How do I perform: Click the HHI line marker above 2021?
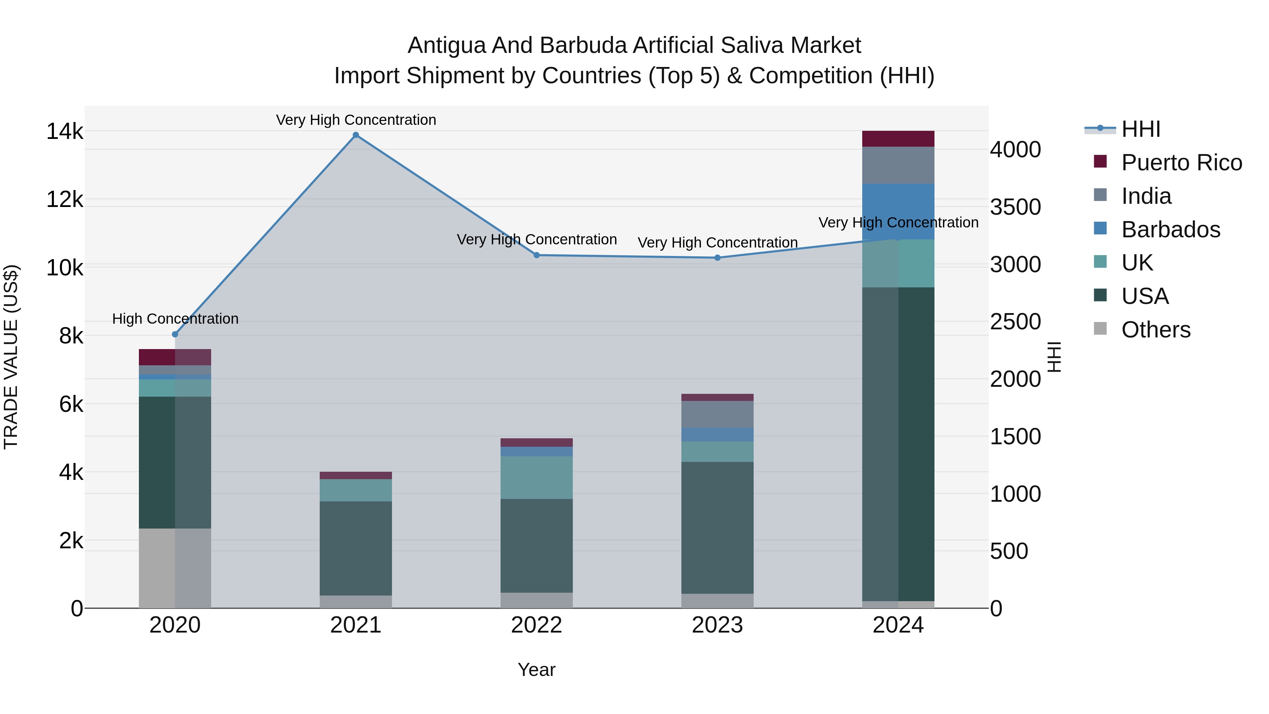[356, 135]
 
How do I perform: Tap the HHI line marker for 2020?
[175, 334]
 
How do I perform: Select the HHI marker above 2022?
[537, 255]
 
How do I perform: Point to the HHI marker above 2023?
[717, 258]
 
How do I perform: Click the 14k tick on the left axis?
[65, 132]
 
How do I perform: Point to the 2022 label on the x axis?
[537, 625]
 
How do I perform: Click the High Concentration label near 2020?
[176, 319]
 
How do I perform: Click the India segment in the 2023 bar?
[717, 414]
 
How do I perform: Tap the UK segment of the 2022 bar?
[537, 477]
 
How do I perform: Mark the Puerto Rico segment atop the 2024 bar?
[898, 139]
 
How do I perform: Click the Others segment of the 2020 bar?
[175, 568]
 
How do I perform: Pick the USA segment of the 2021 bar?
[356, 548]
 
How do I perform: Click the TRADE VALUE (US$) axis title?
[11, 357]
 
